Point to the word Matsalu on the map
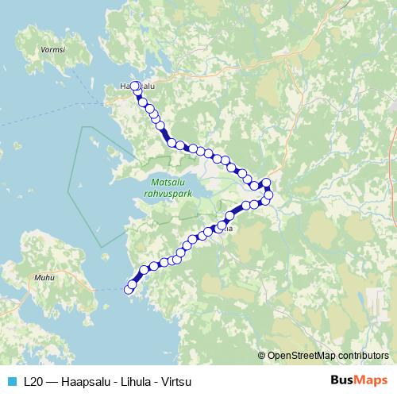164,182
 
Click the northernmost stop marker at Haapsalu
135,87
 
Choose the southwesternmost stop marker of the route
129,290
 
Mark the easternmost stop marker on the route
268,195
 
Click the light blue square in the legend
11,381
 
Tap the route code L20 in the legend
34,381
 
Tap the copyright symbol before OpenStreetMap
262,355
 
